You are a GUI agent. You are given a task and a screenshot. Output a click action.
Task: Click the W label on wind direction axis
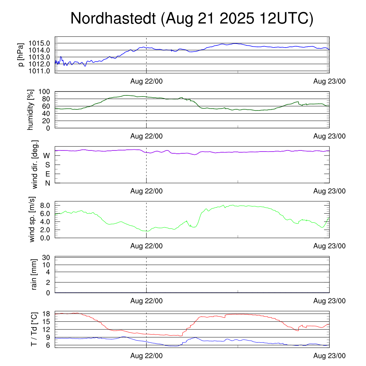(46, 155)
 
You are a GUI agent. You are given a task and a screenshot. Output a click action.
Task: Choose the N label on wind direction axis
(47, 183)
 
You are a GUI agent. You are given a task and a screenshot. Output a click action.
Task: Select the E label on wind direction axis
(47, 174)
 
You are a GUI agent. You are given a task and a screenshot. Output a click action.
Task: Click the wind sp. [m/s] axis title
(32, 219)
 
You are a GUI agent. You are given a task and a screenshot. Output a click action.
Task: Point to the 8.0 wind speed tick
(44, 206)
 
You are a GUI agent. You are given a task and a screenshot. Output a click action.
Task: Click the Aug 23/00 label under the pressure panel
(330, 81)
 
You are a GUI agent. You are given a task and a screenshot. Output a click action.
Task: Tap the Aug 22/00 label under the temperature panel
(147, 356)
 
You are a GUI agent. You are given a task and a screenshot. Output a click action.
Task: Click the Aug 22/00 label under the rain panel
(147, 301)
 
